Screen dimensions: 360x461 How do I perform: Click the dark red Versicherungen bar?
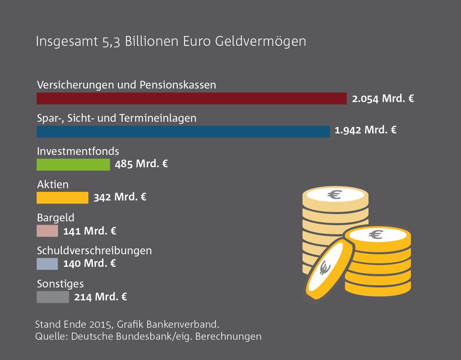click(192, 98)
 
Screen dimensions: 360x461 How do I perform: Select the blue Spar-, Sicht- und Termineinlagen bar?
click(183, 132)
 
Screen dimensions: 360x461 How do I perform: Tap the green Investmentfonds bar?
click(73, 164)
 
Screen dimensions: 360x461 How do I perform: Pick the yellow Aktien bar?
click(62, 197)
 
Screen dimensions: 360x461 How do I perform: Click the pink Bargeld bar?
click(47, 231)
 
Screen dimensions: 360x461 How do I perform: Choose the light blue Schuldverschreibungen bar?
click(47, 264)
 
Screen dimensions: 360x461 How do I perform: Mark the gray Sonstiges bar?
click(53, 297)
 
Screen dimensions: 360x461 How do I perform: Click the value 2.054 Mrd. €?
click(383, 98)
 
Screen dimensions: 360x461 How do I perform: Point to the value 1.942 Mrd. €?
click(365, 131)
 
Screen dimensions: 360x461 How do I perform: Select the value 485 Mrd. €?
click(141, 164)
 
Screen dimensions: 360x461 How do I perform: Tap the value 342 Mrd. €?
click(120, 197)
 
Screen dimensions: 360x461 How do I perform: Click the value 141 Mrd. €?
click(90, 231)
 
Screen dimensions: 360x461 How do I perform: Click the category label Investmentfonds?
click(78, 151)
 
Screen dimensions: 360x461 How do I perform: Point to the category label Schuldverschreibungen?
click(94, 251)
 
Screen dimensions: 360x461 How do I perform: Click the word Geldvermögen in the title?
click(261, 41)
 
